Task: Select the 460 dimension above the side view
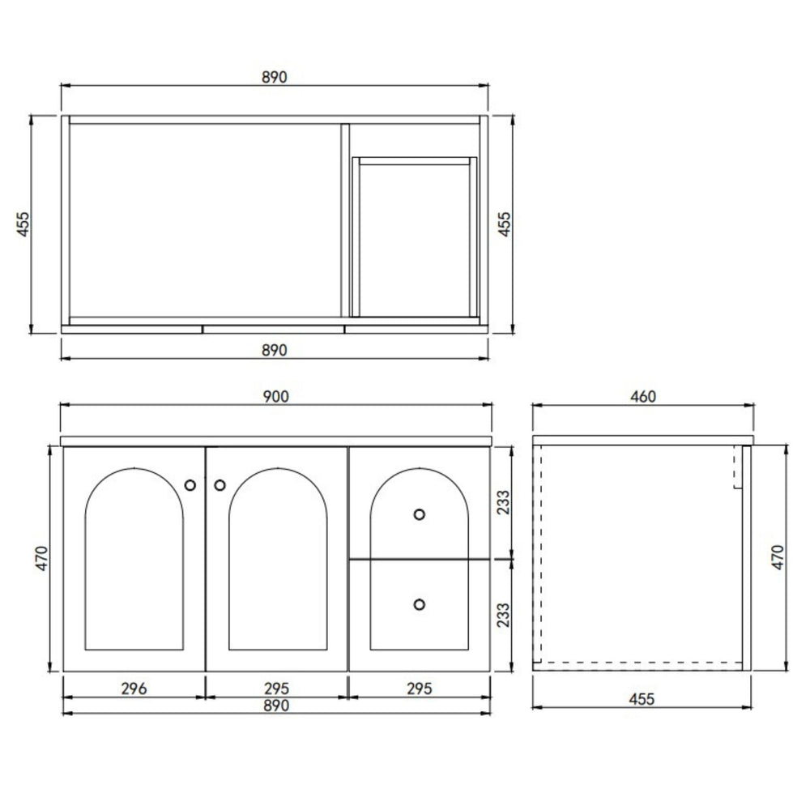pos(642,396)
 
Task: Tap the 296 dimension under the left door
pos(134,688)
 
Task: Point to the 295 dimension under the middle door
pos(276,688)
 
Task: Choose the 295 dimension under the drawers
pos(418,688)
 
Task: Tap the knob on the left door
pos(190,485)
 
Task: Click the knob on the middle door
pos(220,485)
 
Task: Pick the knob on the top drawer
pos(419,514)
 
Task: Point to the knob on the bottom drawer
pos(419,603)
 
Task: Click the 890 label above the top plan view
pos(275,77)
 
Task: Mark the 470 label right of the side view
pos(777,558)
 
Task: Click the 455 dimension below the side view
pos(642,698)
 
